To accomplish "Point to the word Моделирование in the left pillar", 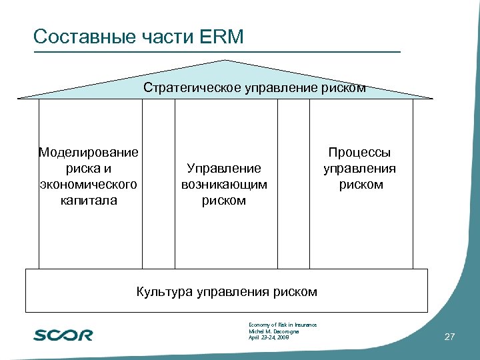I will coord(89,152).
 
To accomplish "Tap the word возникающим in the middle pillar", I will coord(224,184).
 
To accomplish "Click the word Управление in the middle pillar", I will coord(224,168).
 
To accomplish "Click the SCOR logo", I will coord(63,335).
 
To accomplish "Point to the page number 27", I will coord(449,337).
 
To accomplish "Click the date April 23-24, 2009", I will coord(269,338).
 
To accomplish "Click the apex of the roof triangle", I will coord(225,61).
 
